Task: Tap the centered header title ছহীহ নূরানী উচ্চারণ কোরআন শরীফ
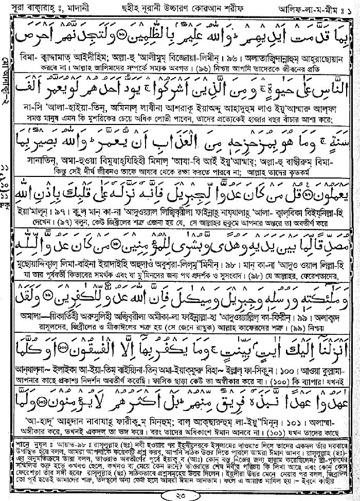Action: coord(173,8)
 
